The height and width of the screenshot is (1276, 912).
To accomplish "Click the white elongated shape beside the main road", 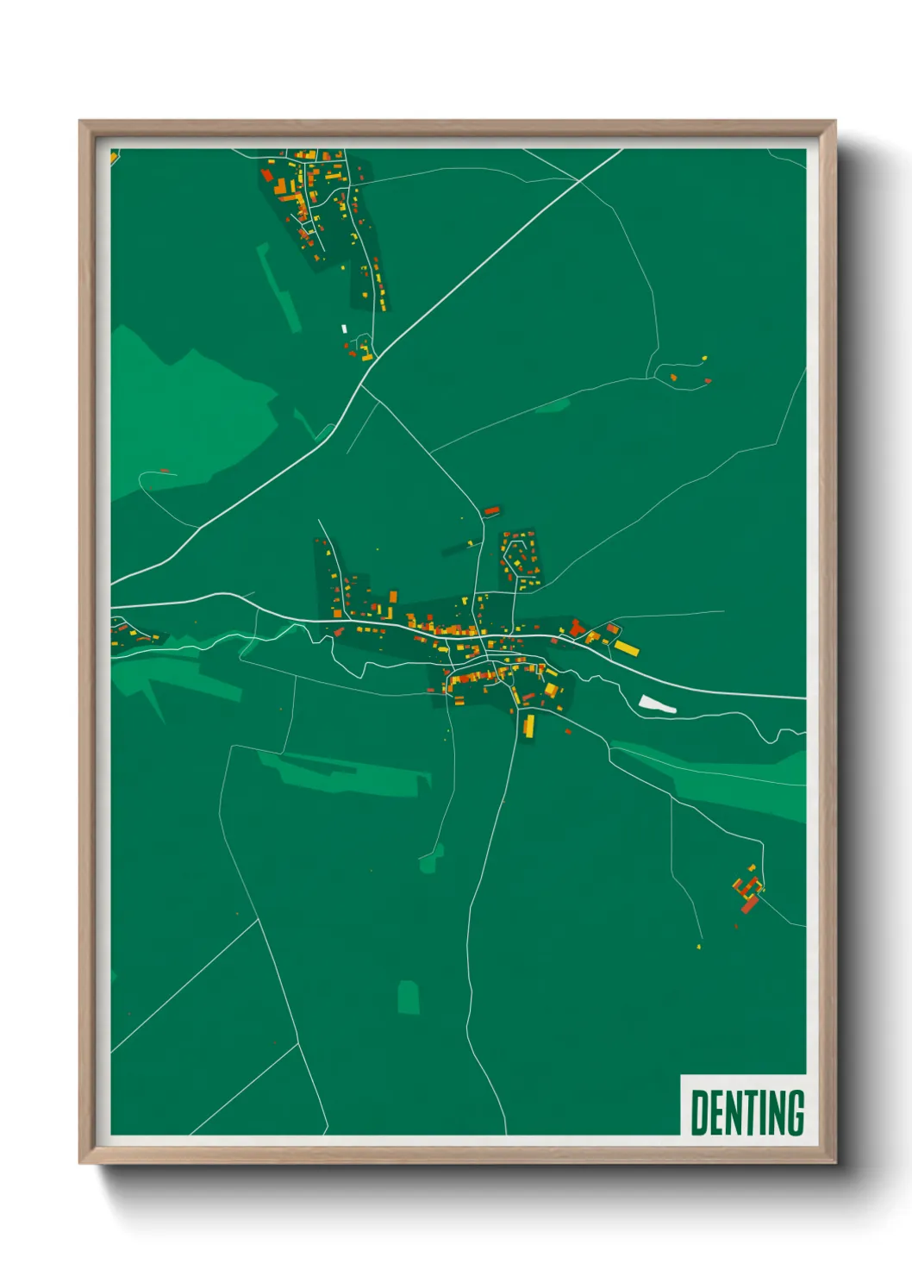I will tap(657, 704).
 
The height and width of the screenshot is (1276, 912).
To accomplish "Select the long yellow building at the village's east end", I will tap(626, 647).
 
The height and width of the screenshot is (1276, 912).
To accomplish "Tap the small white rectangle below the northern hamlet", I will tap(344, 328).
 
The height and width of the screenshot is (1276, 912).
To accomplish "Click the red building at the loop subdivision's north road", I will tap(491, 511).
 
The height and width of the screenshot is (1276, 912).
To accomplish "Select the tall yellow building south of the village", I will tap(528, 725).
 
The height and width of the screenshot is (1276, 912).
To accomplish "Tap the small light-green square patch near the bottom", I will tap(409, 998).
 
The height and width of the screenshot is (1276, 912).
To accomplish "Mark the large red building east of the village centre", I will tap(575, 627).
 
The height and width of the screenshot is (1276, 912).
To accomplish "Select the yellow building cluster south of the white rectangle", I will tap(365, 351).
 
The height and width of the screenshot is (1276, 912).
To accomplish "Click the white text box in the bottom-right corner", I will tap(743, 1105).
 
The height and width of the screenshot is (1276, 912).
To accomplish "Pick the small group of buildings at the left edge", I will tap(129, 634).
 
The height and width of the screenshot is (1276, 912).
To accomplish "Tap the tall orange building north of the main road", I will tap(393, 597).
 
